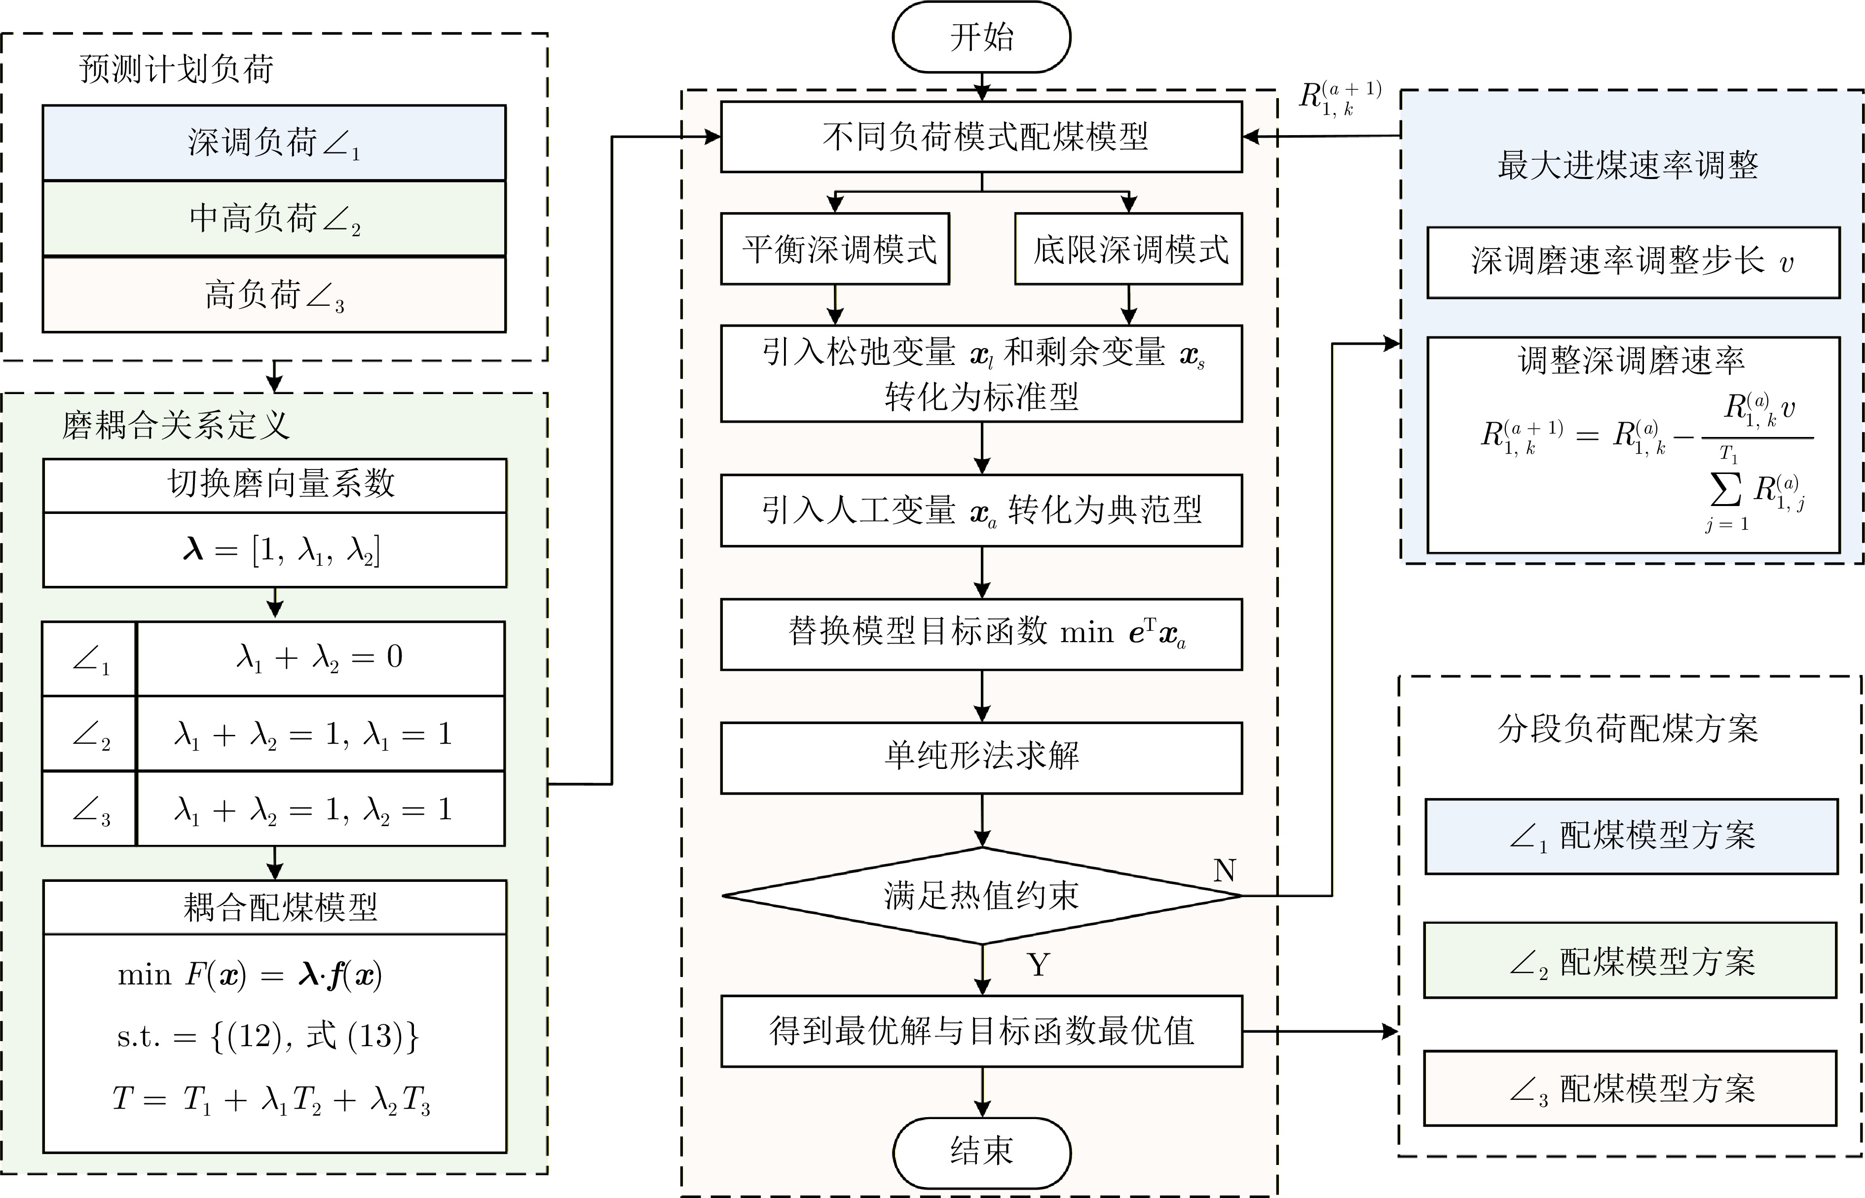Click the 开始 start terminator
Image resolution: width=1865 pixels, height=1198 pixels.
(981, 37)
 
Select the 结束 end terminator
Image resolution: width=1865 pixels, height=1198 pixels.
(981, 1151)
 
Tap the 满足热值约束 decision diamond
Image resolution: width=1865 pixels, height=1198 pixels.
(981, 895)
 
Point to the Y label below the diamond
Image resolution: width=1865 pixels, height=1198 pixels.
(1039, 965)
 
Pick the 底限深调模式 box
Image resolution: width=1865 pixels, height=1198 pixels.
(1128, 249)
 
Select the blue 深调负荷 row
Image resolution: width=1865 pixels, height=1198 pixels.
(274, 143)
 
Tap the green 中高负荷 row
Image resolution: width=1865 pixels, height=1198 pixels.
(274, 218)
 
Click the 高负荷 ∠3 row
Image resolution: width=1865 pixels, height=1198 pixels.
(274, 295)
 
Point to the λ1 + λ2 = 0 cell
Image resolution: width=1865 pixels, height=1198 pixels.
(320, 658)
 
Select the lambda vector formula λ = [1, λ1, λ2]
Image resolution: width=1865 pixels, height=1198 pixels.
(281, 550)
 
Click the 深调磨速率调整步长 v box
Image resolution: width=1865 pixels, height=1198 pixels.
(1632, 262)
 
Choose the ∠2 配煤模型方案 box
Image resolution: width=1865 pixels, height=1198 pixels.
(1630, 961)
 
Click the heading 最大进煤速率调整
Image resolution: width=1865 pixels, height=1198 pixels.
(1628, 165)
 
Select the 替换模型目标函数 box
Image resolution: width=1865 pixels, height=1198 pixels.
(981, 633)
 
